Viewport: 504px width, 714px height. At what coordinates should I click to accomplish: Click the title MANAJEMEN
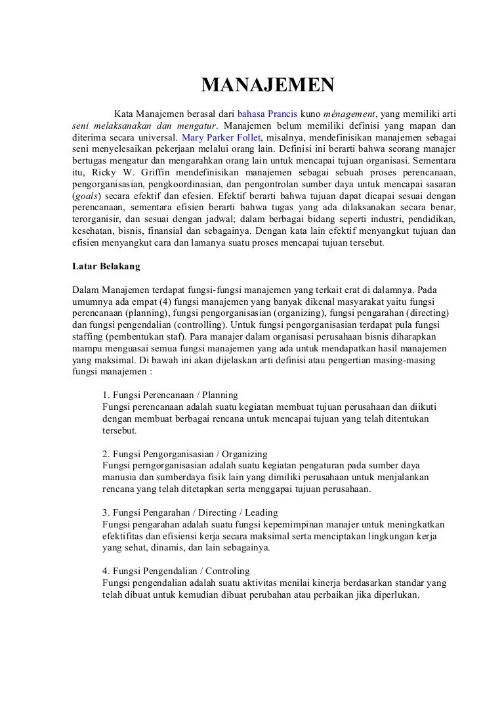(x=267, y=85)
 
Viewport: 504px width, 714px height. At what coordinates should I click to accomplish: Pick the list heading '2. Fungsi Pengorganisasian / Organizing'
(x=185, y=454)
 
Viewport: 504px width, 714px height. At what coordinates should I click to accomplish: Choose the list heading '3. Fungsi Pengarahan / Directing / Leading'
(x=190, y=512)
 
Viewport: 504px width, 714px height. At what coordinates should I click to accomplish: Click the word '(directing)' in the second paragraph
(x=418, y=314)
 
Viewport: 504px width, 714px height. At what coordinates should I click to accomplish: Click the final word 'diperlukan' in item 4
(x=395, y=594)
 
